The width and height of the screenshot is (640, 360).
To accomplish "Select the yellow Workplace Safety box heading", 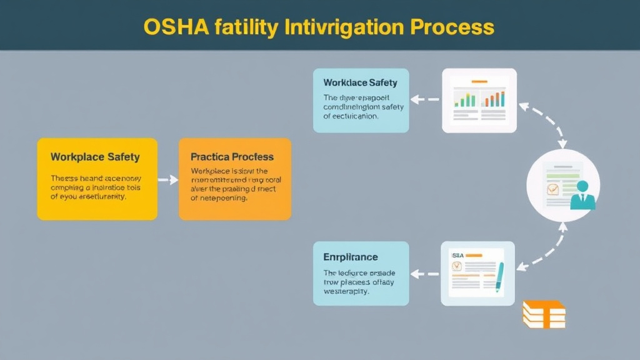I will pos(95,157).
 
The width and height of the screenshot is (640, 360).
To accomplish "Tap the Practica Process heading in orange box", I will pos(232,157).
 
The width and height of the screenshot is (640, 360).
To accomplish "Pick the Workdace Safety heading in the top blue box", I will pos(360,82).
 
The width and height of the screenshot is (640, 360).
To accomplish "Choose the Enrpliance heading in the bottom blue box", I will pos(350,257).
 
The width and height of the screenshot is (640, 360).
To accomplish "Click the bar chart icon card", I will pos(479,100).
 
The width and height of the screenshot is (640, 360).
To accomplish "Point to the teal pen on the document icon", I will pos(499,277).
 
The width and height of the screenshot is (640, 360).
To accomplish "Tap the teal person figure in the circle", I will pos(583,194).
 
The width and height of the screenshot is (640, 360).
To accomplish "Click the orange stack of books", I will pos(543,314).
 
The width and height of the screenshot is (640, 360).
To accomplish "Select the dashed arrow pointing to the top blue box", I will pos(426,99).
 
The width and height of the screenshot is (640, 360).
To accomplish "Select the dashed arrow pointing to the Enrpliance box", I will pos(426,273).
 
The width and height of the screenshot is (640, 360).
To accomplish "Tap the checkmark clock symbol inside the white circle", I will pos(552,189).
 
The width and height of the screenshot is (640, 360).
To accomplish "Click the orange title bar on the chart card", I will pos(479,81).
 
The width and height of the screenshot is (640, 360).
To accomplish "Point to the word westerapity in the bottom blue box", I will pos(346,291).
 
